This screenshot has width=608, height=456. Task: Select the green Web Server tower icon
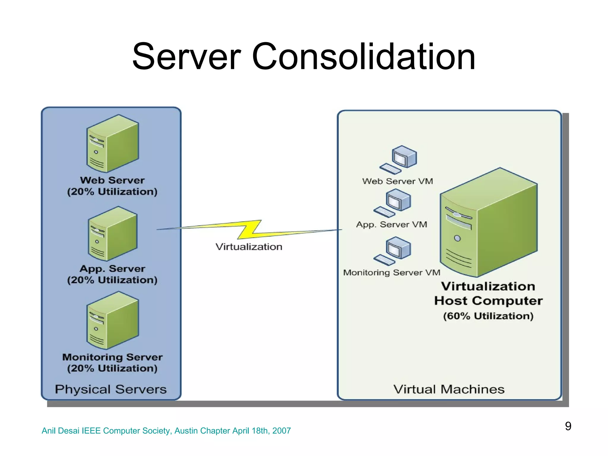[113, 143]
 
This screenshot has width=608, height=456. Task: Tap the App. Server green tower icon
[113, 234]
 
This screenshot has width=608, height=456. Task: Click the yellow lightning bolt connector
[249, 230]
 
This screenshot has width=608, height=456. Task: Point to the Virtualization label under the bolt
[249, 247]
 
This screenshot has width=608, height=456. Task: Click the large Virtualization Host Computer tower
[489, 223]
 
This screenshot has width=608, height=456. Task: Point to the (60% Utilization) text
[488, 316]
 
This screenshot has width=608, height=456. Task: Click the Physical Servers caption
[111, 389]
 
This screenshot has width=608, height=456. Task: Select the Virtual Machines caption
[449, 389]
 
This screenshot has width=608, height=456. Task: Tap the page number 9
[568, 426]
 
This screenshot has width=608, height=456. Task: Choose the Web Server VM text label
[398, 181]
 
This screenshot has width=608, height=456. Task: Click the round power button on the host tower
[457, 238]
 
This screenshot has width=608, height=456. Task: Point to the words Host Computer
[488, 301]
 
